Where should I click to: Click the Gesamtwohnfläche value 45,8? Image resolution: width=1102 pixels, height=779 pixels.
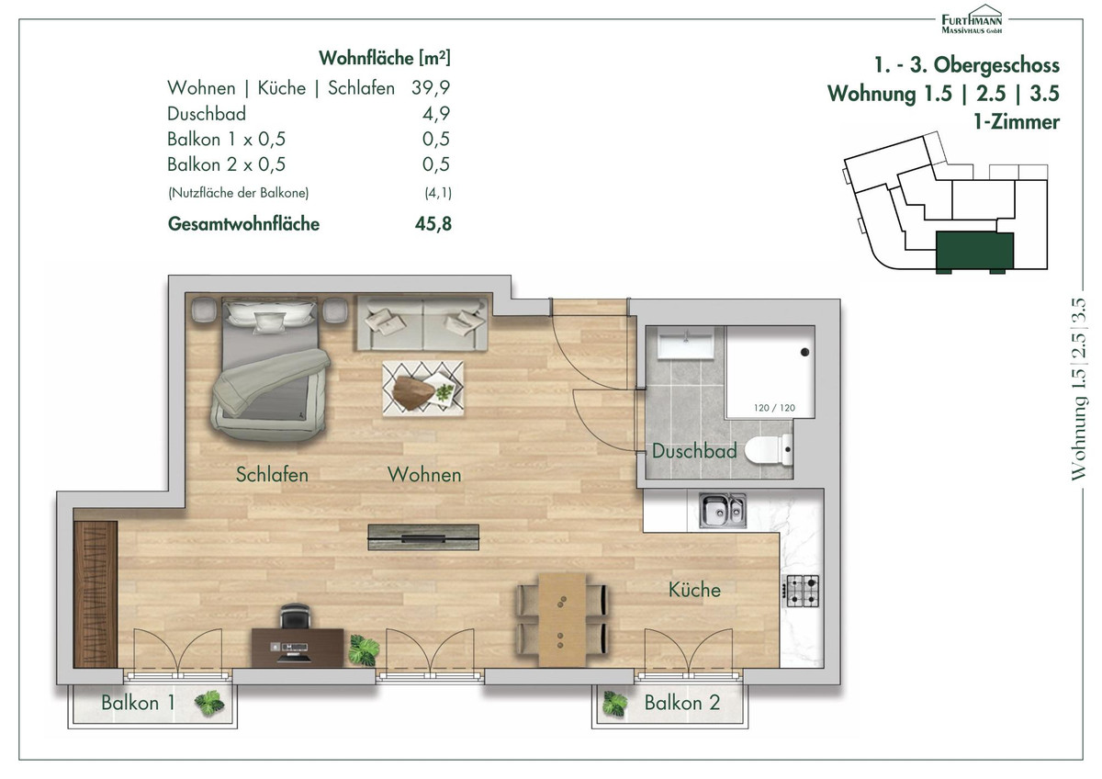pyautogui.click(x=433, y=224)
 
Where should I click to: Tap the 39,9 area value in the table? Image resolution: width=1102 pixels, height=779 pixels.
pyautogui.click(x=431, y=87)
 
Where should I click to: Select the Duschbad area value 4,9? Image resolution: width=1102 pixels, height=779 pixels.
pyautogui.click(x=436, y=114)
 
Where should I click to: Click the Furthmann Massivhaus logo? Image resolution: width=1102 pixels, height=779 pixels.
pyautogui.click(x=972, y=19)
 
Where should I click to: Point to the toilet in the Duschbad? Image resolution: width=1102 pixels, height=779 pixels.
pyautogui.click(x=769, y=449)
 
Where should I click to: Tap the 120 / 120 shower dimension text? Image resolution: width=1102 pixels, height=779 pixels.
pyautogui.click(x=774, y=408)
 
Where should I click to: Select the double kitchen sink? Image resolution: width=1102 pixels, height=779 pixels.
pyautogui.click(x=723, y=511)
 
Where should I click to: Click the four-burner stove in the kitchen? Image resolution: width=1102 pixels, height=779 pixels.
pyautogui.click(x=802, y=591)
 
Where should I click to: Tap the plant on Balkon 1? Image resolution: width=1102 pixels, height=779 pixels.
pyautogui.click(x=209, y=703)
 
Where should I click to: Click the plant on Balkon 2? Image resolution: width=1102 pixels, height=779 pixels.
pyautogui.click(x=615, y=704)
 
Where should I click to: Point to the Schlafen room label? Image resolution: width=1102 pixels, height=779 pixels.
pyautogui.click(x=272, y=474)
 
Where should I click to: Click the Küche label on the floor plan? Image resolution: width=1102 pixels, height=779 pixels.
pyautogui.click(x=694, y=590)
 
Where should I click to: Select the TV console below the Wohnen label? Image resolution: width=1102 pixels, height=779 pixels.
pyautogui.click(x=423, y=536)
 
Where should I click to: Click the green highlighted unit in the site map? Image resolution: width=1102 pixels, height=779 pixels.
pyautogui.click(x=974, y=252)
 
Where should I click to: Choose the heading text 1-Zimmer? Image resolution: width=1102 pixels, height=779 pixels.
pyautogui.click(x=1017, y=122)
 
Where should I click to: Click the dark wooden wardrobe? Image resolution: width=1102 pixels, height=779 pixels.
pyautogui.click(x=96, y=594)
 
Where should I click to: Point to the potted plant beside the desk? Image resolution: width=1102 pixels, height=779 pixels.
pyautogui.click(x=364, y=649)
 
